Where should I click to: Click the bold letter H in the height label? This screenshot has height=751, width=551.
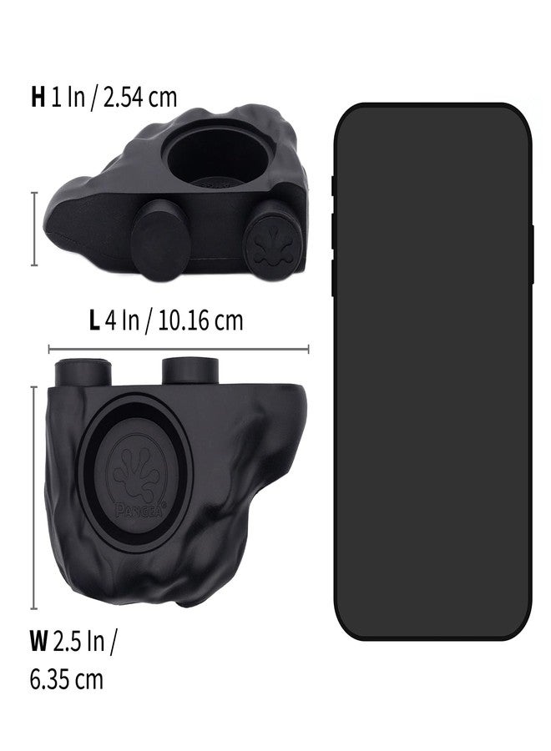click(x=38, y=98)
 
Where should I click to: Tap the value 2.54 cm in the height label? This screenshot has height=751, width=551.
click(x=140, y=98)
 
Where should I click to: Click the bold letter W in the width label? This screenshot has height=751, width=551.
click(x=38, y=641)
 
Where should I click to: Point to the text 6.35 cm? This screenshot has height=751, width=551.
click(x=66, y=679)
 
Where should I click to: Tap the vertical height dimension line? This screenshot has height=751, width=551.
click(x=34, y=229)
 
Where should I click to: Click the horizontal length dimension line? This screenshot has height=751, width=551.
click(x=179, y=349)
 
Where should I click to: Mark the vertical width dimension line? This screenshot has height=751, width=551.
click(x=34, y=497)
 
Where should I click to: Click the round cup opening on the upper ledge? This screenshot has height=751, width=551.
click(x=218, y=154)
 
